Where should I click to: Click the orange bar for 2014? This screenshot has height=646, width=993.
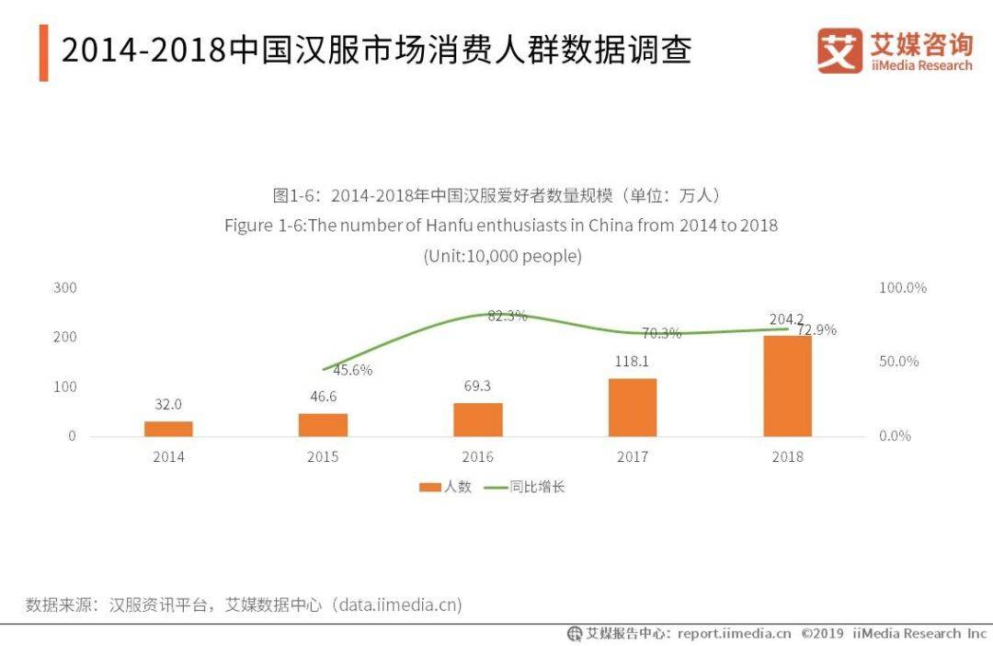168,429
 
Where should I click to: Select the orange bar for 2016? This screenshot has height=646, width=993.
478,420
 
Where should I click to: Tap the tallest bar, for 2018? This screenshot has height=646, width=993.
788,386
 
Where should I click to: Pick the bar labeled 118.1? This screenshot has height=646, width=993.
633,408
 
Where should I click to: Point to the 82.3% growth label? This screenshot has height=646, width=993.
508,316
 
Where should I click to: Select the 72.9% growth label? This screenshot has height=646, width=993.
816,329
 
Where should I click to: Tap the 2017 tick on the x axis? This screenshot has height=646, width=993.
633,456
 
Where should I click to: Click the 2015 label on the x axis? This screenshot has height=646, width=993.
323,456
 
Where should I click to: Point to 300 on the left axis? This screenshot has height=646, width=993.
65,288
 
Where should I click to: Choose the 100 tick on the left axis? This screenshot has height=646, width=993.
65,386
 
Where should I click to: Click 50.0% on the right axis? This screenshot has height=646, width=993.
899,362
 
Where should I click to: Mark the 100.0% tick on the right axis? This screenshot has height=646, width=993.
903,288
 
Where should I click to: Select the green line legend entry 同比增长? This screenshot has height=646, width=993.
524,487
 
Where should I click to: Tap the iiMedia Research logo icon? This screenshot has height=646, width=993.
839,51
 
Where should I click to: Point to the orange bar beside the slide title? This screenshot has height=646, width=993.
43,52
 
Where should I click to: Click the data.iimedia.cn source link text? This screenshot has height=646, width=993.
398,605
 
